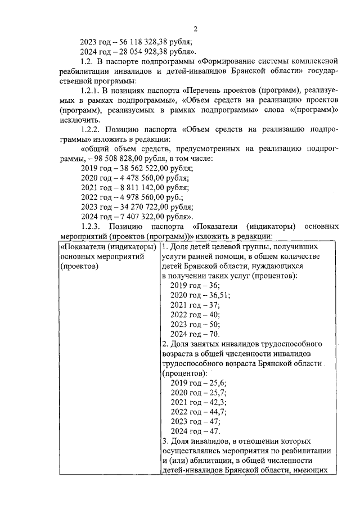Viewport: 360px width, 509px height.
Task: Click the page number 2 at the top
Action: [x=195, y=29]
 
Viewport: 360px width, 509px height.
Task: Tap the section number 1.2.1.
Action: [x=92, y=90]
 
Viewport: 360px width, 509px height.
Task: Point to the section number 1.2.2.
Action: [x=92, y=129]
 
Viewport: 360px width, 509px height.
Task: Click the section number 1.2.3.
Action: [x=92, y=226]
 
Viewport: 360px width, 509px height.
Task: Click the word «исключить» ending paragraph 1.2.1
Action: [x=76, y=119]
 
